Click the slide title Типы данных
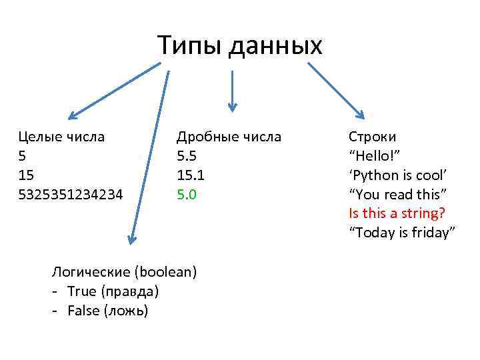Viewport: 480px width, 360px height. (x=240, y=45)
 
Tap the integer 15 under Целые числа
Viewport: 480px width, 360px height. (x=26, y=175)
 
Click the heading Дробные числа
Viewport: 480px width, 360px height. (x=229, y=137)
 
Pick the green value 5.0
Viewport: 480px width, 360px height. (x=187, y=195)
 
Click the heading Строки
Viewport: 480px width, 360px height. (x=372, y=137)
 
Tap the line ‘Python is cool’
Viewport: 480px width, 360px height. (x=397, y=175)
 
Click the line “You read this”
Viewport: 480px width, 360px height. (x=397, y=195)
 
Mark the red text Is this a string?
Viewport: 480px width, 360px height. (x=398, y=214)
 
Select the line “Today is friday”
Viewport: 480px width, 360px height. (x=402, y=233)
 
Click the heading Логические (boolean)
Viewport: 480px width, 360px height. (x=125, y=271)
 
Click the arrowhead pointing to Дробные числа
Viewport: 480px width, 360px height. (x=232, y=105)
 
